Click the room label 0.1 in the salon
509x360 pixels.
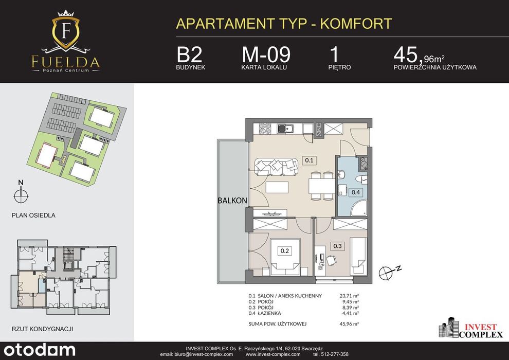tap(310, 160)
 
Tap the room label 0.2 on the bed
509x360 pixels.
tap(285, 250)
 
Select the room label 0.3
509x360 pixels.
tap(338, 246)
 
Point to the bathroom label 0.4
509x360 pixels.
tap(356, 192)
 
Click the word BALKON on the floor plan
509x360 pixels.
tap(232, 201)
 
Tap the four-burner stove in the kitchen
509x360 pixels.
tap(265, 129)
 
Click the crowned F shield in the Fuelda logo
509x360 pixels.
tap(66, 30)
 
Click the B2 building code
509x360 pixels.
tap(189, 55)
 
